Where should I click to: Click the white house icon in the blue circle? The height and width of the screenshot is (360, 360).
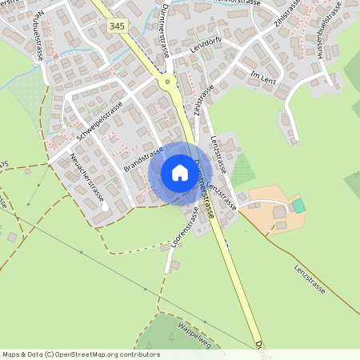click(180, 172)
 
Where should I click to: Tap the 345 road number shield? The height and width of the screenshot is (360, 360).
click(116, 26)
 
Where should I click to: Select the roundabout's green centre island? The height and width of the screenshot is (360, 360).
click(167, 82)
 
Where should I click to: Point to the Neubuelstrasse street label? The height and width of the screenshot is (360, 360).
click(38, 37)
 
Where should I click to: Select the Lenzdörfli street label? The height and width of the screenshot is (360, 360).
click(206, 48)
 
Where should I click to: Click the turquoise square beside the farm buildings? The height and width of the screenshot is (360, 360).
click(298, 206)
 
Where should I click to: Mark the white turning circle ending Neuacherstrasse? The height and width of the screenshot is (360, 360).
click(105, 207)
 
